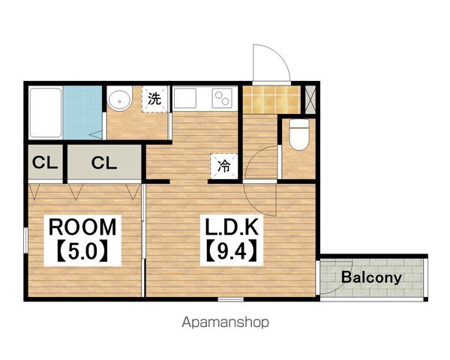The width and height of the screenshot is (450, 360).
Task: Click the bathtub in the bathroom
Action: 46,112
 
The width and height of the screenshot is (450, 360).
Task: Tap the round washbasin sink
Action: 120,99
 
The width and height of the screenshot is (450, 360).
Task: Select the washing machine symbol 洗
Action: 154,99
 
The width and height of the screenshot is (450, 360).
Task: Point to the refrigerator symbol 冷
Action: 223,166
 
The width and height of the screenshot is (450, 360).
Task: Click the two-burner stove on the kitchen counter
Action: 222,98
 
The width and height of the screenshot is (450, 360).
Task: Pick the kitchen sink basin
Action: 184,98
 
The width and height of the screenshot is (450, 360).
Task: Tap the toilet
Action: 298,134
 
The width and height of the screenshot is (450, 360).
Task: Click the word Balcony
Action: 371,277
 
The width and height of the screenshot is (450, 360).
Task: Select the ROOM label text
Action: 82,227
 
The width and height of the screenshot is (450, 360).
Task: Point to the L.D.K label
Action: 232,226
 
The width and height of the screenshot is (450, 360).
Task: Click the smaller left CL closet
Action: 45,163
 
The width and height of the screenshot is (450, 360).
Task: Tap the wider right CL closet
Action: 104,163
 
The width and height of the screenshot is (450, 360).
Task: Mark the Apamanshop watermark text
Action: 225,322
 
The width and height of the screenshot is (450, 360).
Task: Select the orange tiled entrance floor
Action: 271,100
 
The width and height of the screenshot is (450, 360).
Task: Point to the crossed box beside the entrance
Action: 310,99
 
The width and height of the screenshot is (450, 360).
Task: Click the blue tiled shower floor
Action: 82,112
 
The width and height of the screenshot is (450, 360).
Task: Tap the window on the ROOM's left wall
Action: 25,240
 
